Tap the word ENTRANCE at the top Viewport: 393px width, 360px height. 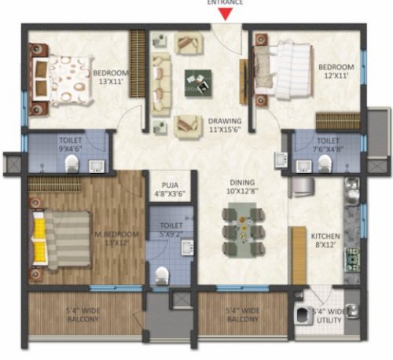(225, 3)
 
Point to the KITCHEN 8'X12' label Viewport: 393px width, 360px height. (325, 241)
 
